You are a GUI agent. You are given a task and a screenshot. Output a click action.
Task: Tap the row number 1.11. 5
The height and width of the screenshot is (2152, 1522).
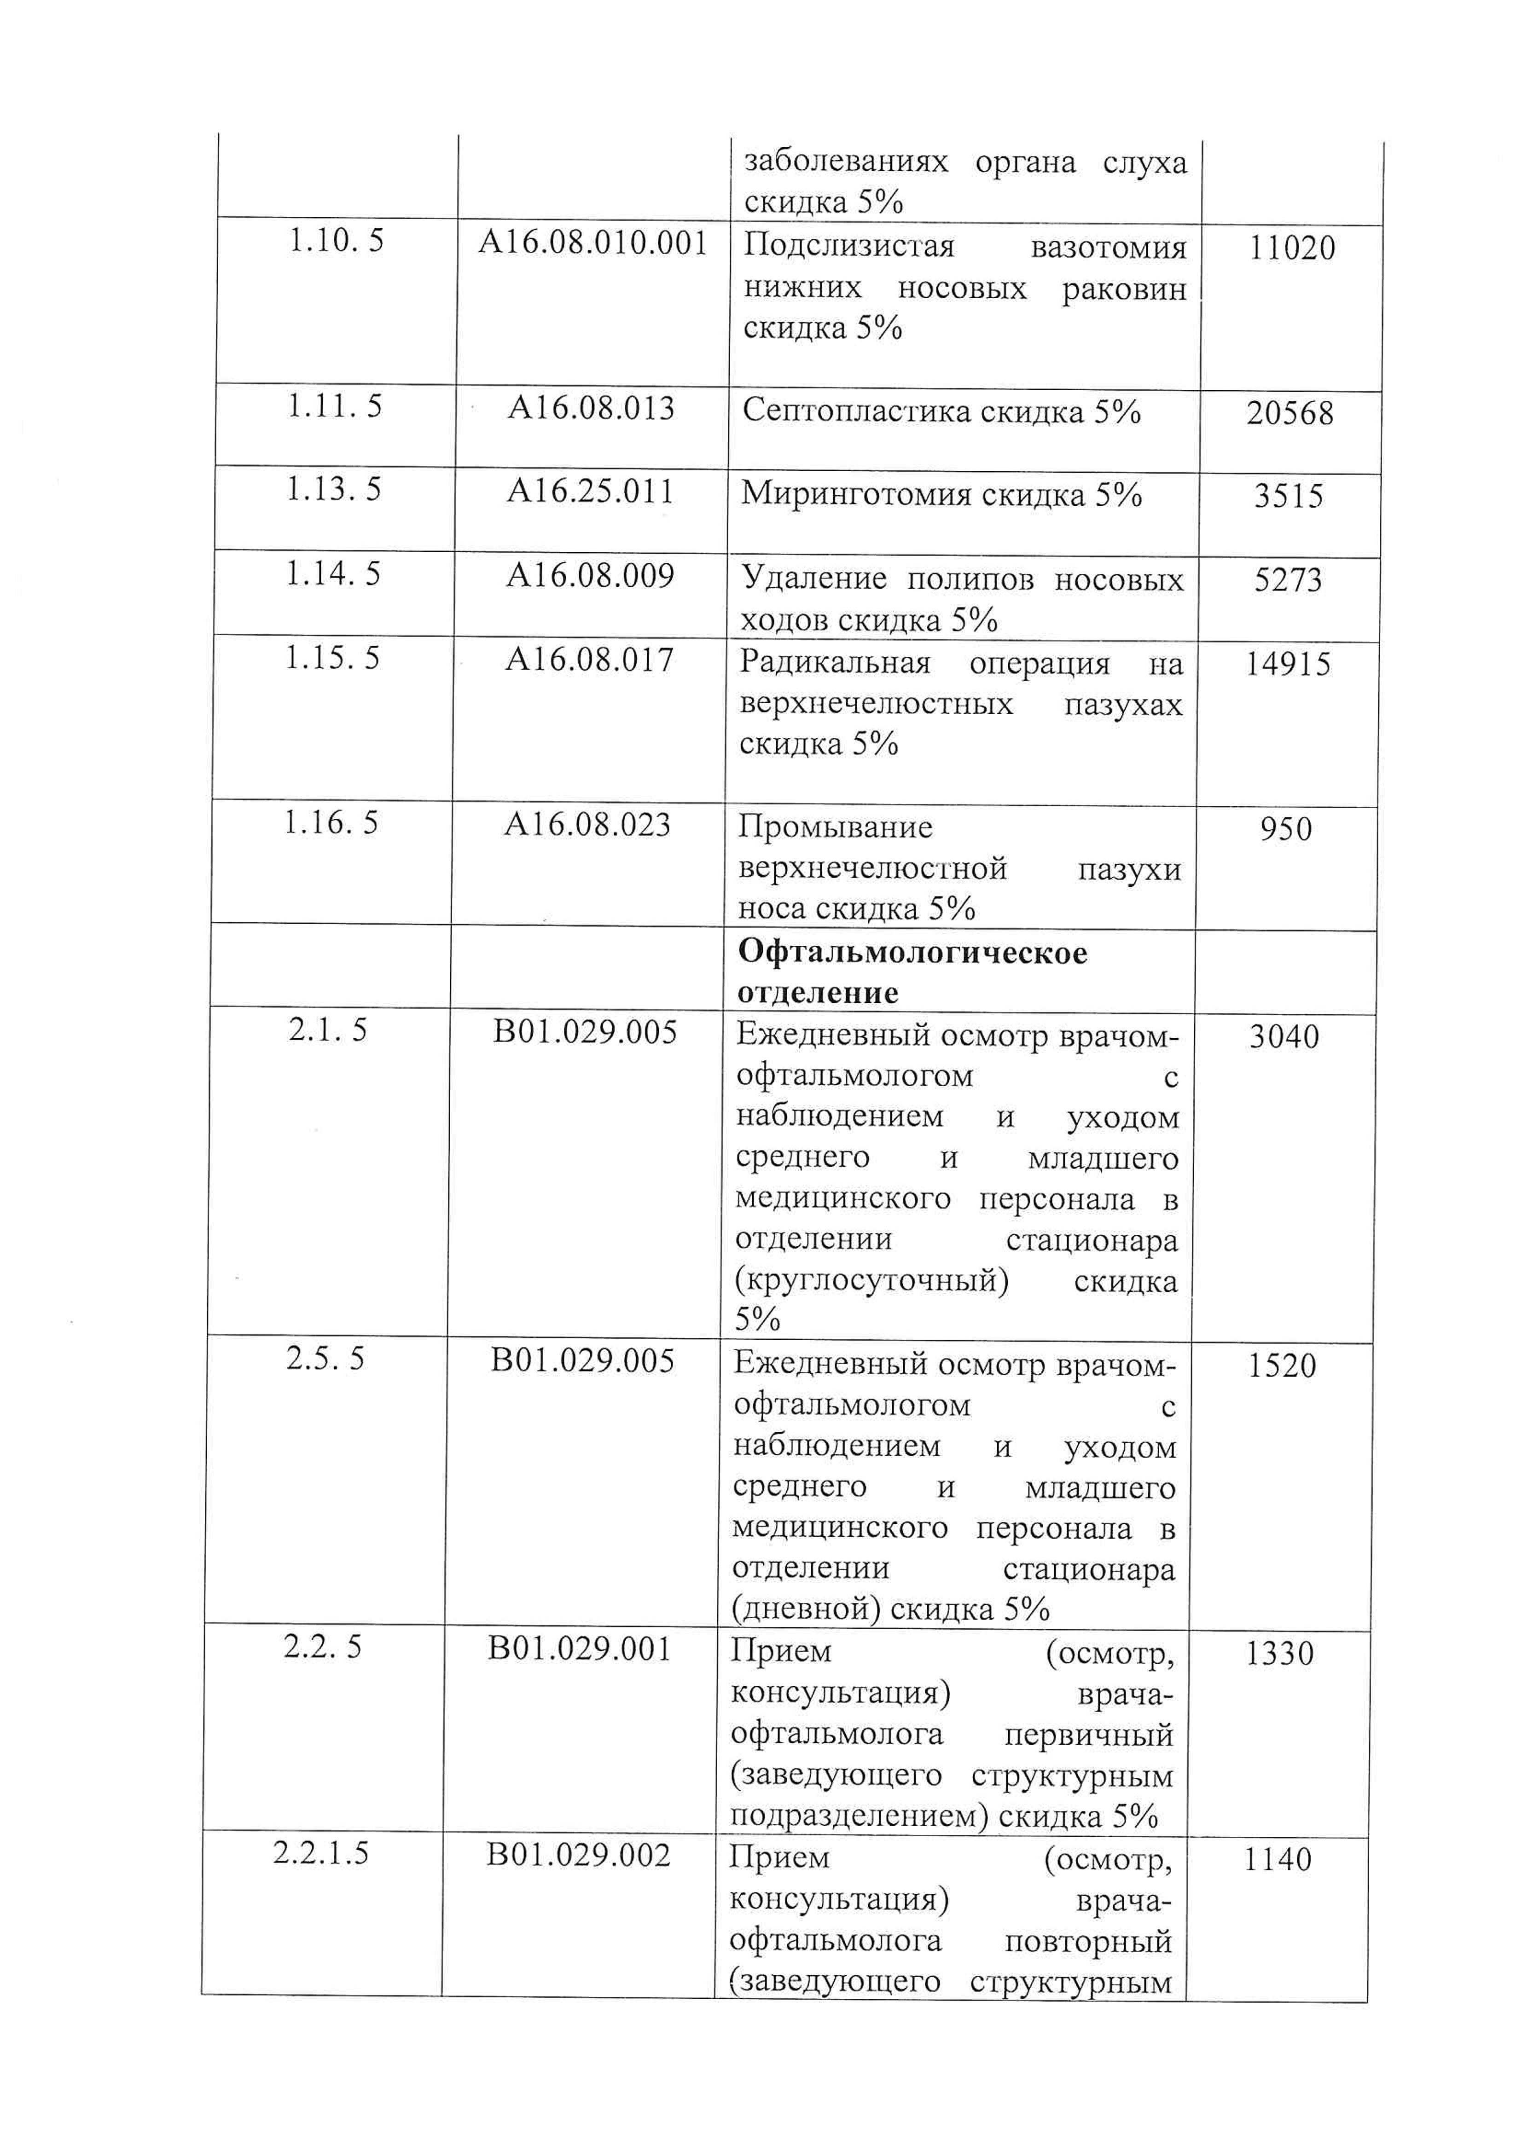(335, 407)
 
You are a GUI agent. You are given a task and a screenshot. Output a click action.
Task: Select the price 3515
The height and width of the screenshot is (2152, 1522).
(1289, 496)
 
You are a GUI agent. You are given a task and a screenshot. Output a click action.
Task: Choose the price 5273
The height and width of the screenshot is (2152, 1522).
(1288, 580)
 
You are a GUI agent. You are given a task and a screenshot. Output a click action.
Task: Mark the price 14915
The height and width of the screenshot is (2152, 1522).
(1288, 665)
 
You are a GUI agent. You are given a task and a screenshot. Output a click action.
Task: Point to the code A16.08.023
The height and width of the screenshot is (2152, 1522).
(588, 825)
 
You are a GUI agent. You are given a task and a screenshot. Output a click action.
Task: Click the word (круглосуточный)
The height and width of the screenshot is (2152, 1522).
(871, 1280)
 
